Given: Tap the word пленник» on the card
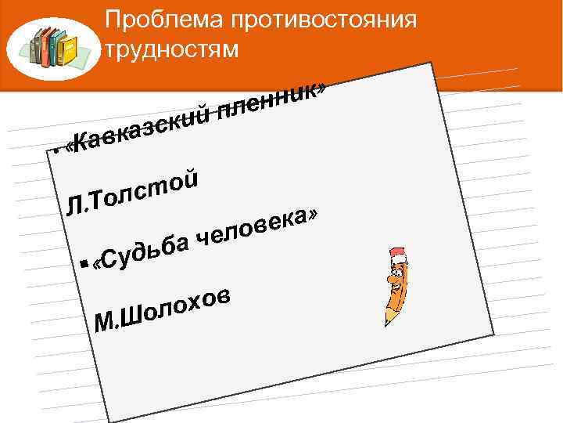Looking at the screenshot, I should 271,98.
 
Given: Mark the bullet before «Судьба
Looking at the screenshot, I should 84,266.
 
